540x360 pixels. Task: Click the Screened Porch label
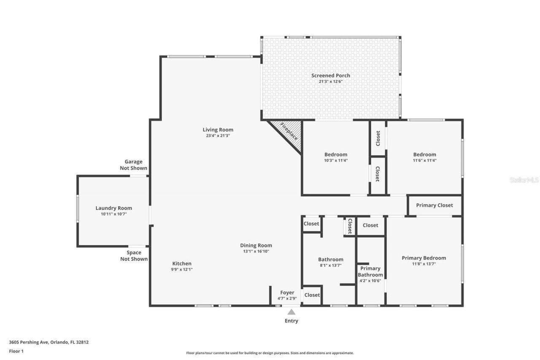[x=331, y=76]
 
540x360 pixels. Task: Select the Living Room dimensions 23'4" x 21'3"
[x=218, y=136]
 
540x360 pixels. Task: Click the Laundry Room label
[x=113, y=208]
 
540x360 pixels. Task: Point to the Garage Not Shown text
[x=133, y=165]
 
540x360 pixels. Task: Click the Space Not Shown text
[x=134, y=256]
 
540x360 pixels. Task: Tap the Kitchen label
[x=182, y=263]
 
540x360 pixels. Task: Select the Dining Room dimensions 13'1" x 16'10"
[x=256, y=251]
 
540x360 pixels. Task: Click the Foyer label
[x=287, y=292]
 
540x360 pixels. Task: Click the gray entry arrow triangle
[x=292, y=312]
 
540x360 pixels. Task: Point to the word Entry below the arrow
[x=292, y=321]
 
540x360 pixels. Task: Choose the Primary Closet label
[x=435, y=205]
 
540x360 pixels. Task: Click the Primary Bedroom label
[x=424, y=258]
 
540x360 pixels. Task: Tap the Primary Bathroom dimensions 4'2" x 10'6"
[x=370, y=281]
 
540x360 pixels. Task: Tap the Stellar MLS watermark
[x=524, y=180]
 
